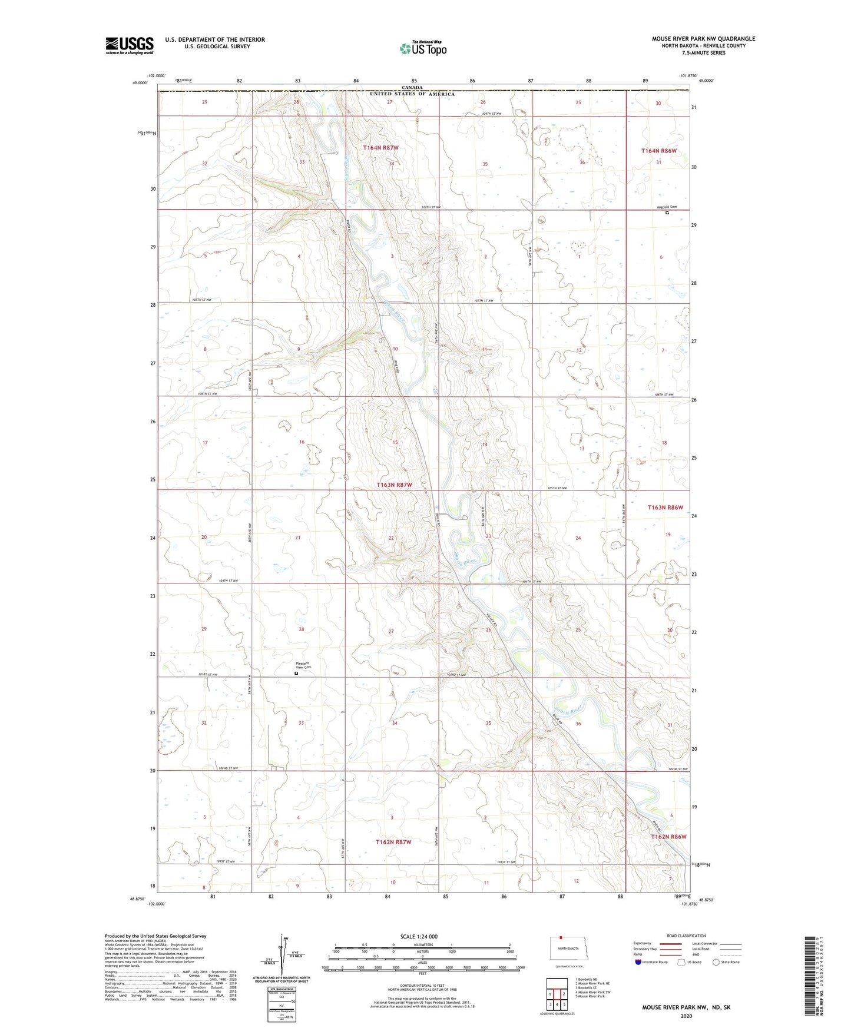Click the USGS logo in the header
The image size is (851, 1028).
(130, 45)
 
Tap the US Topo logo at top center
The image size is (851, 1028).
(423, 48)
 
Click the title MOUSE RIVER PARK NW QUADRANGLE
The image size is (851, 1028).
(703, 39)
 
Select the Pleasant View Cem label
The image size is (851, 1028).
(303, 665)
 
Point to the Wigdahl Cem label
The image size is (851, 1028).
(667, 207)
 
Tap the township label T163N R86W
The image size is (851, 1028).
(665, 507)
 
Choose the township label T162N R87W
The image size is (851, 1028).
(393, 842)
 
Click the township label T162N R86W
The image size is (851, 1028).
(668, 836)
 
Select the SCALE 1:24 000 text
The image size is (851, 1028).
(419, 936)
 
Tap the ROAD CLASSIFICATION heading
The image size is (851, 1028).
(686, 936)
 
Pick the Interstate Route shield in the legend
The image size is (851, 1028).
(639, 962)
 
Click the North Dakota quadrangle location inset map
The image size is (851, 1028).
(568, 950)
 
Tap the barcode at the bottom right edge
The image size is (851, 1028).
(810, 974)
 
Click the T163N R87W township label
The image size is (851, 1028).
(394, 485)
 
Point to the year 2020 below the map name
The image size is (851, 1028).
(686, 1016)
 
